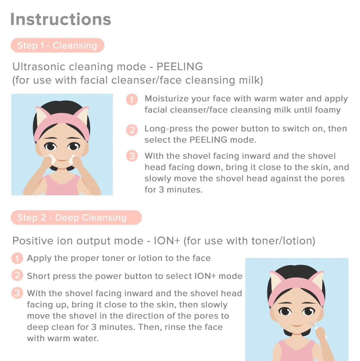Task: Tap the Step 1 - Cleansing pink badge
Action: click(x=57, y=45)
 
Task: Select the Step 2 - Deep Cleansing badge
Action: click(x=76, y=217)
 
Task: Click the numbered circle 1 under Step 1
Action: click(x=132, y=99)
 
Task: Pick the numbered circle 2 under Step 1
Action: click(x=132, y=130)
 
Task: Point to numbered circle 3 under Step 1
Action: click(x=132, y=156)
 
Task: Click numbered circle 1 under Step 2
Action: click(x=17, y=258)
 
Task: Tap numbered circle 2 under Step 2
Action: click(x=17, y=276)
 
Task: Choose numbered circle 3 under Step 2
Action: click(x=17, y=293)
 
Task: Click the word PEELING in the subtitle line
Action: click(x=180, y=67)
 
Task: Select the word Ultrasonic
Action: click(x=39, y=67)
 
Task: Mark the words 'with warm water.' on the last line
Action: click(x=63, y=338)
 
